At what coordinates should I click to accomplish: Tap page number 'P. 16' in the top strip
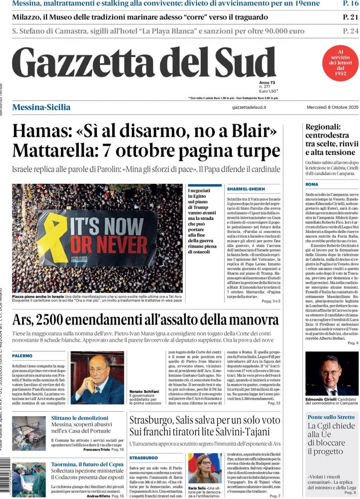pos(350,4)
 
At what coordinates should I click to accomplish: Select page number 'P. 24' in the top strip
pos(350,31)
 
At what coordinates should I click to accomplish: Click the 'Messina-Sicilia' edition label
pos(41,107)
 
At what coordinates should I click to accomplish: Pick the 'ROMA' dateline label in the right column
pos(312,185)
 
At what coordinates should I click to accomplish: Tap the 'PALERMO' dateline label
pos(22,356)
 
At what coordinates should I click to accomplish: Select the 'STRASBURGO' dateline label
pos(144,458)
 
